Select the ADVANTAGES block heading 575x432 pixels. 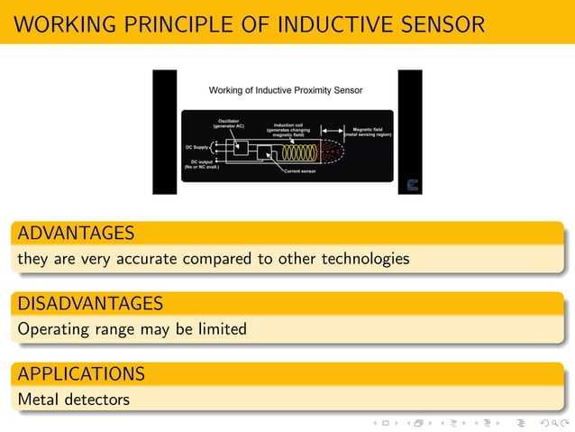point(76,234)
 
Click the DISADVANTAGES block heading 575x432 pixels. point(90,303)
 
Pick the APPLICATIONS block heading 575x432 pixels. point(81,373)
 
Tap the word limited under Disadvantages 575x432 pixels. point(218,329)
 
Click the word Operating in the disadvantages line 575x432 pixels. point(52,329)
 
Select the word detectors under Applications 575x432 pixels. point(96,399)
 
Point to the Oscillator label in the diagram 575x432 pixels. point(228,123)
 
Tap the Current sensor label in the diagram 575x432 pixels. point(299,170)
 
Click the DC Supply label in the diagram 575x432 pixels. point(197,146)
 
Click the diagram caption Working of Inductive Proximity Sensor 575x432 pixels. point(286,90)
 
